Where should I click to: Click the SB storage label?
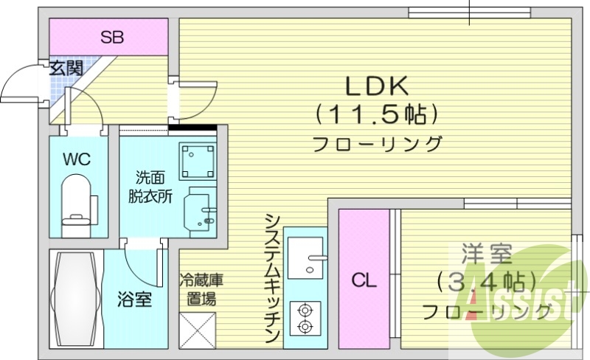112,36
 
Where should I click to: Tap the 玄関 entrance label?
65,68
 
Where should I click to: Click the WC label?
77,158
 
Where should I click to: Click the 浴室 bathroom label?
134,300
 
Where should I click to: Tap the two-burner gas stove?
305,319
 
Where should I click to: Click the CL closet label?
363,280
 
